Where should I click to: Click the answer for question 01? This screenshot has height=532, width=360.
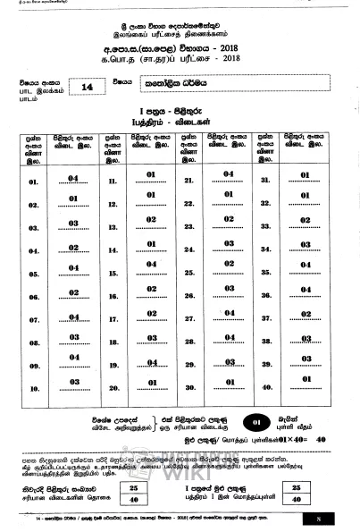pos(73,179)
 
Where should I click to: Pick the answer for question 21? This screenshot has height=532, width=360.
pos(229,175)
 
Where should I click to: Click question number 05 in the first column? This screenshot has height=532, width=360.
pos(34,274)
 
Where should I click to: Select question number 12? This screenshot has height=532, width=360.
pos(113,205)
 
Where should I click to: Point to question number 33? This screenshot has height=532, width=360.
pos(265,227)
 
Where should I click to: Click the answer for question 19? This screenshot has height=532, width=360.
pos(151,363)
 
